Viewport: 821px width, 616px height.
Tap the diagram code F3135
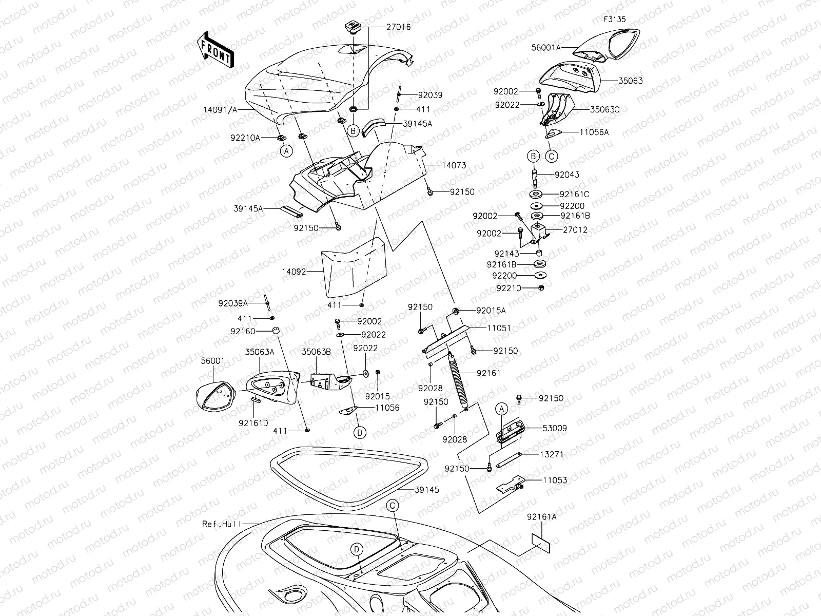[615, 20]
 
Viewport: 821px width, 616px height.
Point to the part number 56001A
[546, 47]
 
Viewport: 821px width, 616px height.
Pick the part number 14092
[294, 272]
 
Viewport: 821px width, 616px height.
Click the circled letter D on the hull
[357, 549]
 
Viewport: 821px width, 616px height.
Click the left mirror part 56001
[214, 396]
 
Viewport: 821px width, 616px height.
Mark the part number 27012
[561, 230]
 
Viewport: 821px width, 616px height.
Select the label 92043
[566, 175]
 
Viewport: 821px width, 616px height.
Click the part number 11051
[498, 328]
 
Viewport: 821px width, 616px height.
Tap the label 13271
[552, 454]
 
